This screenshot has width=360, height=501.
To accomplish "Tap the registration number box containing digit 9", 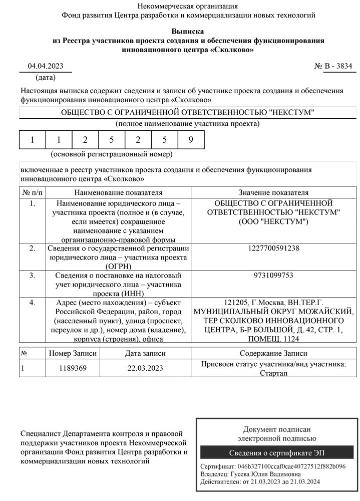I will [x=191, y=140].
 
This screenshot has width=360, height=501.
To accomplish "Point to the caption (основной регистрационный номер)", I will [x=112, y=154].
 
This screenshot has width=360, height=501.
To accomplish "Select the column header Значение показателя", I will [x=273, y=192].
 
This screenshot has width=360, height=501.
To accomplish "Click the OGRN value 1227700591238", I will [x=273, y=248].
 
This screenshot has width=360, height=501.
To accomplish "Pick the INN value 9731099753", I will [x=273, y=276].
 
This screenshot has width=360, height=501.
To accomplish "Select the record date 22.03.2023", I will [x=145, y=368].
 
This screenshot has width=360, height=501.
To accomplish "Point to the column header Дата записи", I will [x=145, y=353].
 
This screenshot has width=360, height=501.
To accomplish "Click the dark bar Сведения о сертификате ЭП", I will [x=276, y=453].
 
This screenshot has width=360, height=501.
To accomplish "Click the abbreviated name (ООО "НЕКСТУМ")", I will [x=273, y=221].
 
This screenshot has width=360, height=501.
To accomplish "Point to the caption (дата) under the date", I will [x=46, y=78].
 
